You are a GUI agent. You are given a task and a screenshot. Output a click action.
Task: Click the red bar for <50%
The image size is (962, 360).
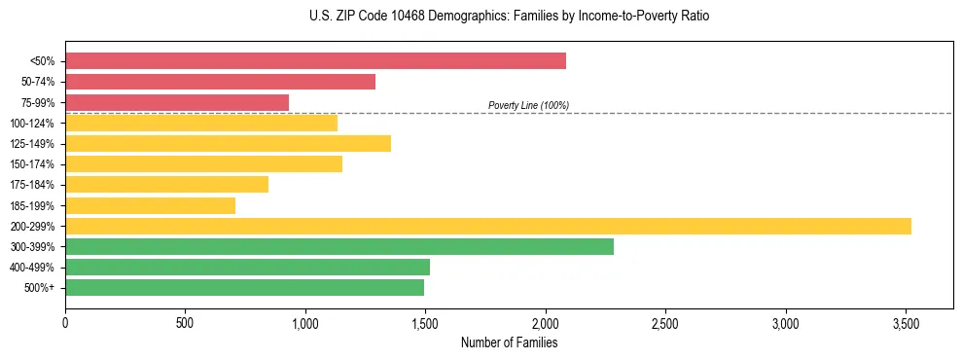coord(315,61)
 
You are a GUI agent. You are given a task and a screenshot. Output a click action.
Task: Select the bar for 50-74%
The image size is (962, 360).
coord(220,82)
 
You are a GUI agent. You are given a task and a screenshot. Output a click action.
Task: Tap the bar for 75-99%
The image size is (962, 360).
coord(177,102)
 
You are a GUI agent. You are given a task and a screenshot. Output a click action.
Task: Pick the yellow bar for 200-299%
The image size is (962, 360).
coord(488,226)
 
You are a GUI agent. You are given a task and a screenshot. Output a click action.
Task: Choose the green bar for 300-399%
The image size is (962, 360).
coord(339,246)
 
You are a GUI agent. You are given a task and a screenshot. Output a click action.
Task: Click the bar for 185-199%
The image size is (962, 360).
coord(150,205)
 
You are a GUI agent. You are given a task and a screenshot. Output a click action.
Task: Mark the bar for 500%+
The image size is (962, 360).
coord(244,287)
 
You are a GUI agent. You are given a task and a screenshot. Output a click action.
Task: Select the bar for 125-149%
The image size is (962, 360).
coord(228,144)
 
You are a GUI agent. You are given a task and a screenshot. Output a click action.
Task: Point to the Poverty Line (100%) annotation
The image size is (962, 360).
coord(528,105)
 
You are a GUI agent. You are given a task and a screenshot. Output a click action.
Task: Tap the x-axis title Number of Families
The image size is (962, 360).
coord(509,342)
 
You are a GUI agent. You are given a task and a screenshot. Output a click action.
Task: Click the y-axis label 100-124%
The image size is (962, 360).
coord(32,124)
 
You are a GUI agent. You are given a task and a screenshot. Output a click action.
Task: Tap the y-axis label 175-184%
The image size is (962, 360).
coord(32,185)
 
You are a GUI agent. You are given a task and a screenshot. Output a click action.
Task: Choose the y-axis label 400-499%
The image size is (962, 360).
coord(32,268)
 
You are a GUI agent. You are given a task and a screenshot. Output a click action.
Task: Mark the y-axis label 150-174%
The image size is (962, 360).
coord(32,164)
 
